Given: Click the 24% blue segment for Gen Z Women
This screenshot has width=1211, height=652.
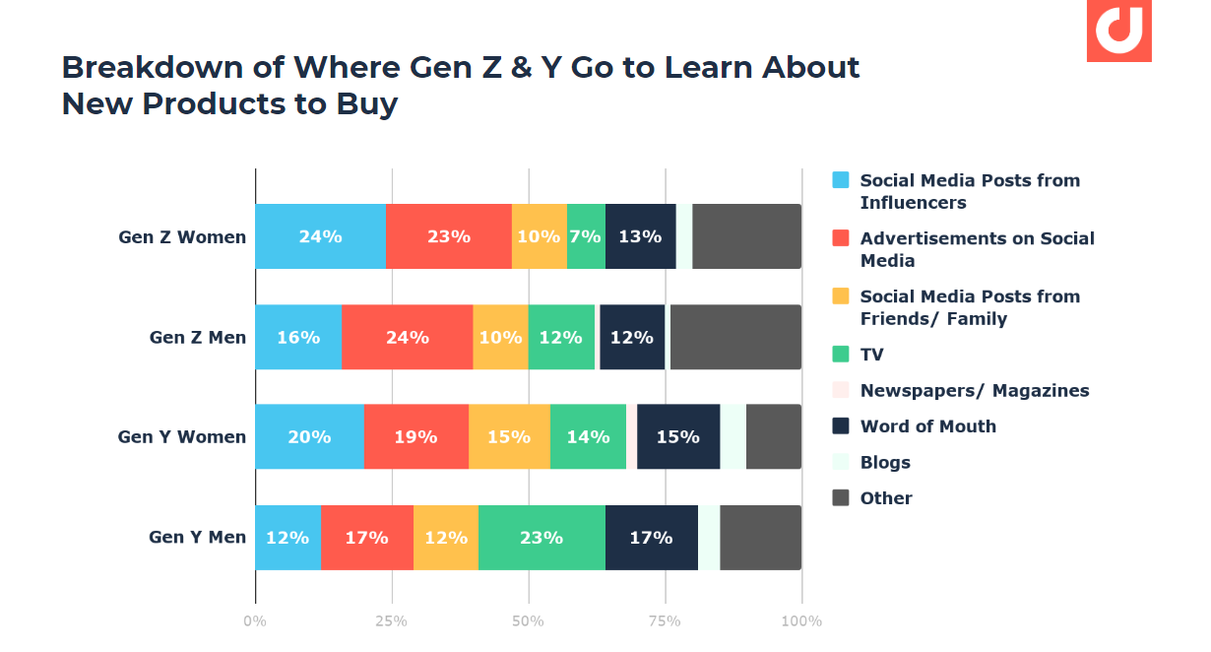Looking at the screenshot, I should point(320,236).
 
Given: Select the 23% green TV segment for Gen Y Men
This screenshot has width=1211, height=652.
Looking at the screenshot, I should point(542,538).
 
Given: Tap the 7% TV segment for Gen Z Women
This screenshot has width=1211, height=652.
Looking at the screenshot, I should point(586,236).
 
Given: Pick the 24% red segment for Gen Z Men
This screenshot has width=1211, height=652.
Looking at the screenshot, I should point(407,338).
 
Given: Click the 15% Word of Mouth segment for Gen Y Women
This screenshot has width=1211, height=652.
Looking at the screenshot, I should point(677,436).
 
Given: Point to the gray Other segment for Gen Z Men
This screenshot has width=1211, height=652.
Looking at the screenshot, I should point(735,338).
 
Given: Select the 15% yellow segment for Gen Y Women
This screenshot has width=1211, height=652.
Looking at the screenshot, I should point(509,436).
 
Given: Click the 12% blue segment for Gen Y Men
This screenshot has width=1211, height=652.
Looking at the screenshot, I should point(287,538).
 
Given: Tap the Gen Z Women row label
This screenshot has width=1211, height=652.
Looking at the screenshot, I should point(182,237).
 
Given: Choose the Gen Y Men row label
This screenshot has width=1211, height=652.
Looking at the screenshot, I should point(197,538).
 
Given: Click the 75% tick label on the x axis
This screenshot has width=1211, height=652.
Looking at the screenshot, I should point(665,621).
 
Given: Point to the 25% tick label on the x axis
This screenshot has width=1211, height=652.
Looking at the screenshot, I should point(391,621).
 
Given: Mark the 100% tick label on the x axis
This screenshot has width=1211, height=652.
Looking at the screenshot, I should point(801,621).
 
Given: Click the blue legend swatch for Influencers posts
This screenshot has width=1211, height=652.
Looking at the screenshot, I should point(841,180).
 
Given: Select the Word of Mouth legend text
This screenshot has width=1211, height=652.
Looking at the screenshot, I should point(927,426).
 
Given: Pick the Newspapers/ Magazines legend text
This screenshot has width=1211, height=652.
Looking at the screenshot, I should point(974,391).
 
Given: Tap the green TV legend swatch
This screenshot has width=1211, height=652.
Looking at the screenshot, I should point(841,355).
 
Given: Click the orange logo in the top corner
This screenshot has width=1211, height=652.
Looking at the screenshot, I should point(1118,30).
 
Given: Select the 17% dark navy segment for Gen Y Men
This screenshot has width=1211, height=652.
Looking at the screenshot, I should point(651,538).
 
